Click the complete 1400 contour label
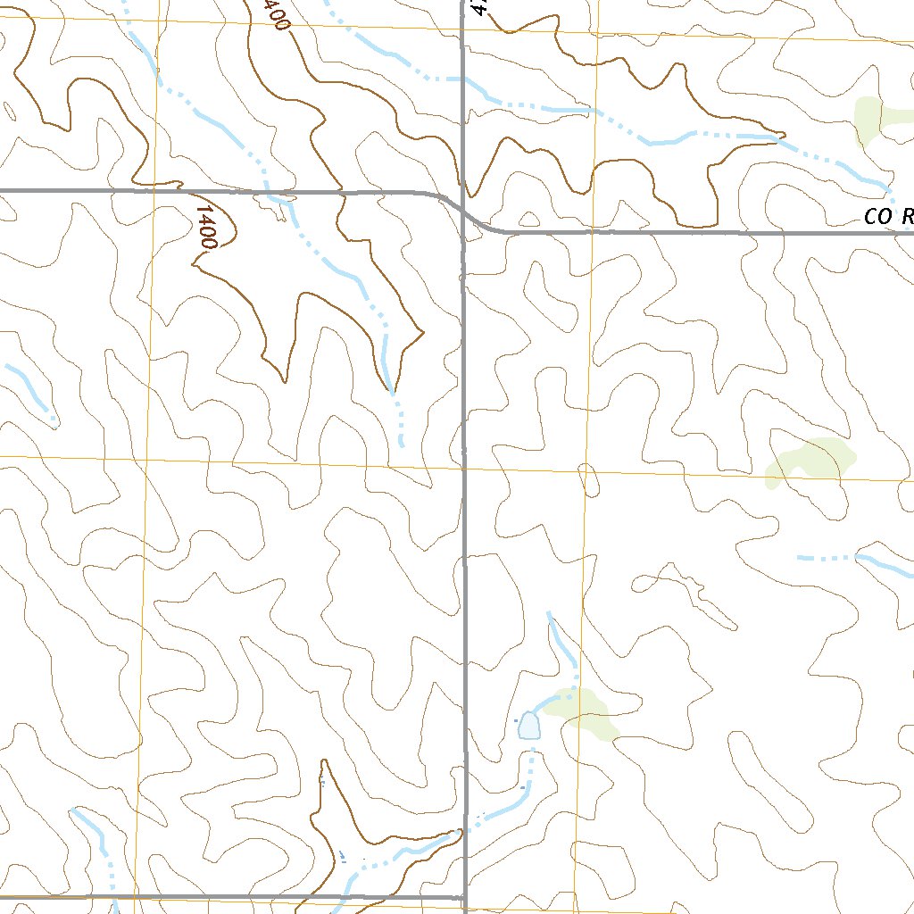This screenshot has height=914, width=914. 206,228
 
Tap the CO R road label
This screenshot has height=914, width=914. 889,217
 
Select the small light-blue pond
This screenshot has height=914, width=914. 529,726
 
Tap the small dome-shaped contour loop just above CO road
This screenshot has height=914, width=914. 528,220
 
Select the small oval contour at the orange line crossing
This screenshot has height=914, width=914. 588,479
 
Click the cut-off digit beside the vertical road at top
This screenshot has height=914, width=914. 480,7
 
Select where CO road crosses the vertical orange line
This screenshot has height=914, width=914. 594,232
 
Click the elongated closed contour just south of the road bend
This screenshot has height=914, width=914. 548,295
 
